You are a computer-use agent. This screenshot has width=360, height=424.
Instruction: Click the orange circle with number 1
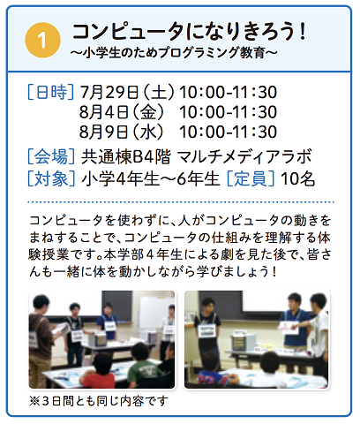[x=43, y=41]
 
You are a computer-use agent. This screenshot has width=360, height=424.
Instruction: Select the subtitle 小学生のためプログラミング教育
[x=174, y=53]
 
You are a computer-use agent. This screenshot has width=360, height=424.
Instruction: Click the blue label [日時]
[x=50, y=92]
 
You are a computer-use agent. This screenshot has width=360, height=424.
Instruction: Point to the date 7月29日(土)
[x=127, y=92]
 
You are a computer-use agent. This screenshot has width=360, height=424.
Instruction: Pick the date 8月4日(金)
[x=122, y=112]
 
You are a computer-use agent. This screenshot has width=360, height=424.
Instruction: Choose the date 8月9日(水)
[x=121, y=132]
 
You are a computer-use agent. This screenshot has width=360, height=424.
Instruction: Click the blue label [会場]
[x=51, y=156]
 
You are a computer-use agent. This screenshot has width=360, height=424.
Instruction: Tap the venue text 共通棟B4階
[x=126, y=156]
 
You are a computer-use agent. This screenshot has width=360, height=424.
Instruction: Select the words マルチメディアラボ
[x=244, y=156]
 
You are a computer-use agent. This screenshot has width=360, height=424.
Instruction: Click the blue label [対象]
[x=51, y=178]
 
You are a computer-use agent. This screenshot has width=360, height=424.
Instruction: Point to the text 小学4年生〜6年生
[x=151, y=178]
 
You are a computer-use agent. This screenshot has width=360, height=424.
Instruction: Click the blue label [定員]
[x=251, y=178]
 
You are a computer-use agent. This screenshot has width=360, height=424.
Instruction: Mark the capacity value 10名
[x=297, y=178]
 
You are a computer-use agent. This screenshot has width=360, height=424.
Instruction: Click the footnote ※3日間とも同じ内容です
[x=99, y=401]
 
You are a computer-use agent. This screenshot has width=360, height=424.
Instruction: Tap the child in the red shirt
[x=99, y=372]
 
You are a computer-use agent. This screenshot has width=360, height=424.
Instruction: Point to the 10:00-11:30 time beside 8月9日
[x=228, y=132]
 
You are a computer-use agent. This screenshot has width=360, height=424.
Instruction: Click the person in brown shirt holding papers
[x=41, y=338]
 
